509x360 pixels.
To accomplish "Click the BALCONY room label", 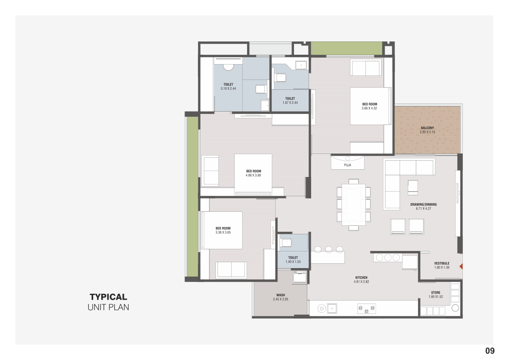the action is pos(427,128).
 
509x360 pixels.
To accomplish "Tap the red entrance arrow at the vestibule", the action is pos(461,266).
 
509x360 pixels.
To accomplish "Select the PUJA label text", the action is pos(347,165).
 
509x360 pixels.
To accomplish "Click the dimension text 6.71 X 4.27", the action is pos(423,209).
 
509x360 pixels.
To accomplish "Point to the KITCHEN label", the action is pos(361,277).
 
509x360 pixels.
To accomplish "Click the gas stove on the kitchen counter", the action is pos(367,308).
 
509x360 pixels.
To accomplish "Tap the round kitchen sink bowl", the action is pos(321,308).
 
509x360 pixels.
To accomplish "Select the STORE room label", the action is pos(435,292).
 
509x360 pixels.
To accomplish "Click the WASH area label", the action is pos(280,295).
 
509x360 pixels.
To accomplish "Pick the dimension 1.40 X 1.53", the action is pos(293,262).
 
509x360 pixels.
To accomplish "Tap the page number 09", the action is pos(490,351).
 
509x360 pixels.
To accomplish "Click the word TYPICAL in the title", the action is pos(109,297).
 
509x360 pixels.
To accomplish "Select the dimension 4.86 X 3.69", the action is pos(253,175).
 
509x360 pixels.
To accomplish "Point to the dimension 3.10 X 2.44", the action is pos(228,89).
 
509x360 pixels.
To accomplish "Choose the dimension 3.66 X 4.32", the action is pos(369,109).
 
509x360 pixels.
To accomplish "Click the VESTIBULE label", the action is pos(442,263).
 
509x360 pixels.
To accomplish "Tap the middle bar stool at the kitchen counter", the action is pos(329,249).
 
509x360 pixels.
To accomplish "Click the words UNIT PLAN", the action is pos(109,307).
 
